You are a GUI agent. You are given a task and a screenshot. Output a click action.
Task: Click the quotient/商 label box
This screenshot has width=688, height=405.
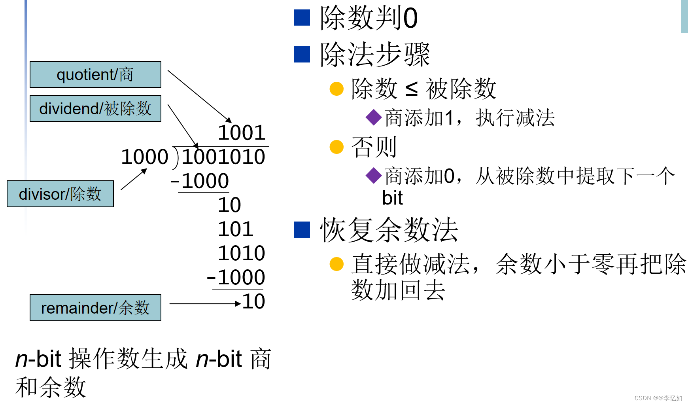point(95,74)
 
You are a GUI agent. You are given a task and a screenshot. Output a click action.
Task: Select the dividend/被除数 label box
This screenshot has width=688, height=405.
point(95,108)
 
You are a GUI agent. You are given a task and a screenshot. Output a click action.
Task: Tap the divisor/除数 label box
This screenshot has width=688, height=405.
point(60,194)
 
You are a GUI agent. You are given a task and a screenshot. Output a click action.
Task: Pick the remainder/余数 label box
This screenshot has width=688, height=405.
point(95,308)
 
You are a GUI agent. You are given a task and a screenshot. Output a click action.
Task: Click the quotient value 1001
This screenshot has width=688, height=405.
point(242,133)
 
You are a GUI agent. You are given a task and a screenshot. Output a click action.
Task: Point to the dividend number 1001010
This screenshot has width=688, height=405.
point(223,157)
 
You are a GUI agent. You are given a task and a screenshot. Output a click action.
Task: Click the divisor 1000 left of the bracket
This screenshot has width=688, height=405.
point(145,157)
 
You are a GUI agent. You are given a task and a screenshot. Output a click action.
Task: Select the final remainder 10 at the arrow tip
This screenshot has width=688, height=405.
point(253,301)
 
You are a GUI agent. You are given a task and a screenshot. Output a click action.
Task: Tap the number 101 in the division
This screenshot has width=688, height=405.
point(236,229)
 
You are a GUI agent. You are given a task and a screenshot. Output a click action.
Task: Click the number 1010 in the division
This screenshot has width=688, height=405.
point(242,253)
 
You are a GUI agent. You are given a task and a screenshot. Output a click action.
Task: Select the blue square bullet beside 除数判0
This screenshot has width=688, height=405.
point(302,18)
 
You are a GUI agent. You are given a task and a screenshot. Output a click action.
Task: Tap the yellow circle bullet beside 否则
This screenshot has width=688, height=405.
point(336,147)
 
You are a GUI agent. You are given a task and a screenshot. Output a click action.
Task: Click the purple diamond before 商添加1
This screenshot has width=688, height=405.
point(374,117)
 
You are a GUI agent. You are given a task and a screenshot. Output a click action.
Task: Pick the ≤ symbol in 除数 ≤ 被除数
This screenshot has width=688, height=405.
point(412,89)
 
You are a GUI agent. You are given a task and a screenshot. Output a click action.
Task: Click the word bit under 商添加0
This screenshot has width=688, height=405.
point(392,198)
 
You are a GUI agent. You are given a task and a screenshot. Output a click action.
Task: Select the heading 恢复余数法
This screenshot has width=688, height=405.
point(389,230)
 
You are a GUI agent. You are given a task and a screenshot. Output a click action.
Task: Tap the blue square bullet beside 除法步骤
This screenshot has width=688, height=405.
point(302,55)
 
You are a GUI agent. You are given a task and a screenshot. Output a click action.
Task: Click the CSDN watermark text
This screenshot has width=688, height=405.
point(658,398)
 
